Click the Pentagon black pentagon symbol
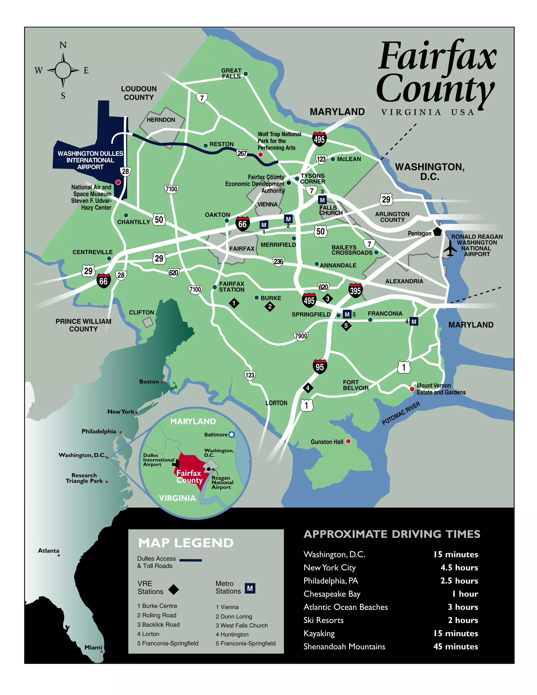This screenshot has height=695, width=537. tap(437, 231)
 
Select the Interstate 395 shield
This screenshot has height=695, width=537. tap(355, 290)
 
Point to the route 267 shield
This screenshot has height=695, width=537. tap(242, 154)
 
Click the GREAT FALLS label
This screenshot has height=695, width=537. tap(231, 73)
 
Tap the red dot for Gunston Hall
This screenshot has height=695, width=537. tap(348, 441)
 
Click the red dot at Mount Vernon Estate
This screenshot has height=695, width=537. tap(412, 389)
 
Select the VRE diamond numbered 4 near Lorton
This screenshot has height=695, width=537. tap(308, 388)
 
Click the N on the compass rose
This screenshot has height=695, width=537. tap(63, 45)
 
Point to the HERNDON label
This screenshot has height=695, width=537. tap(161, 120)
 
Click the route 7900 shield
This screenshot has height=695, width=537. tap(301, 336)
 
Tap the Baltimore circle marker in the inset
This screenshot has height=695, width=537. tap(232, 434)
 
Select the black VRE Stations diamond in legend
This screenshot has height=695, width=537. tap(174, 589)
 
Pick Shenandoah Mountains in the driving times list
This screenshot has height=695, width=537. tap(344, 646)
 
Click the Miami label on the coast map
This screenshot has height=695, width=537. tap(93, 647)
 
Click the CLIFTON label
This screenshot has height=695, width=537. tap(142, 313)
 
